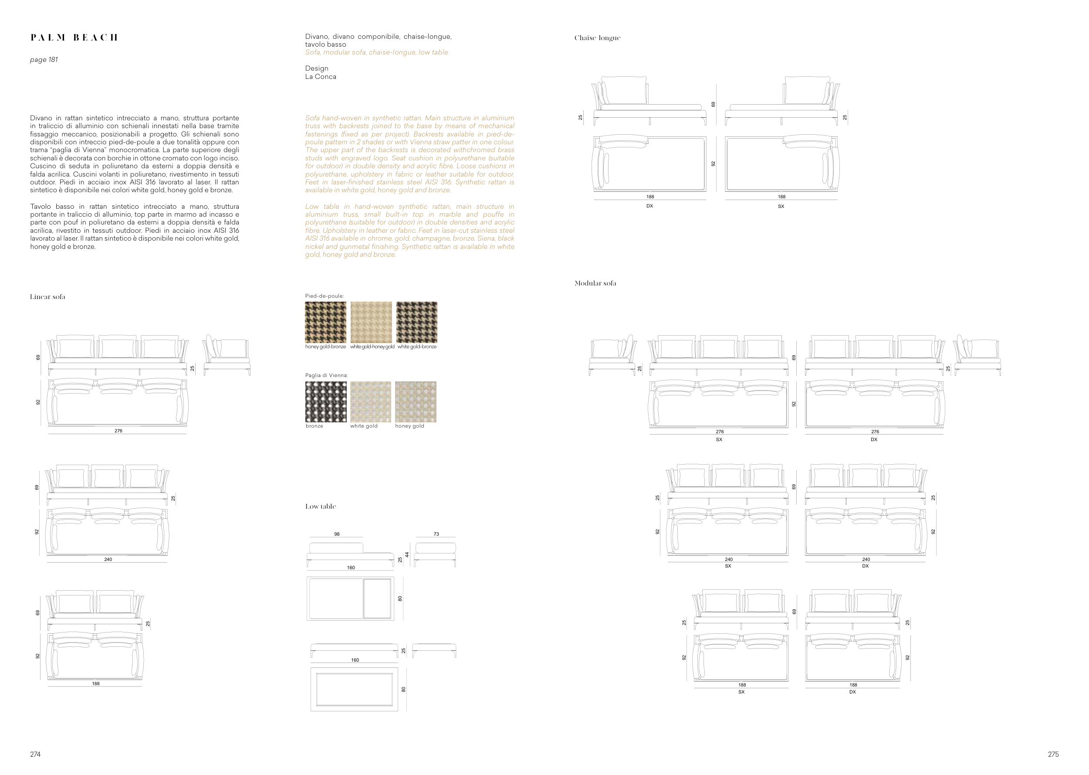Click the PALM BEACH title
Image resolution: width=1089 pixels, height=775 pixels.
point(74,37)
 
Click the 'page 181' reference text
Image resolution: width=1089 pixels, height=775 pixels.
point(44,60)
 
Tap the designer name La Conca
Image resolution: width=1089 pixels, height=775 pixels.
point(321,76)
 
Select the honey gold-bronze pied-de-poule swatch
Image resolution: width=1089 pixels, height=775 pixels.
point(326,322)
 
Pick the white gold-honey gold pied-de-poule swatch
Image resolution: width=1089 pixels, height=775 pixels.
point(371,322)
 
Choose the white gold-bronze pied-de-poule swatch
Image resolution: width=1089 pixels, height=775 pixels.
point(416,322)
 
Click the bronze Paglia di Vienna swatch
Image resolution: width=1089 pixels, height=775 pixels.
point(326,402)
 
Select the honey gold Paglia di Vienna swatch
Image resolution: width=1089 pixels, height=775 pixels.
point(415,402)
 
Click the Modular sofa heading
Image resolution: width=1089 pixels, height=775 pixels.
point(595,283)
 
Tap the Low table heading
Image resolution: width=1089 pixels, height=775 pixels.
point(321,506)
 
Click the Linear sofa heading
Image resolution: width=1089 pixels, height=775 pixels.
point(47,297)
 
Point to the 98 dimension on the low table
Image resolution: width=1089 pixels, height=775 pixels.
point(337,534)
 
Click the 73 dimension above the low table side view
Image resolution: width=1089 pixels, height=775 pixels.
point(436,534)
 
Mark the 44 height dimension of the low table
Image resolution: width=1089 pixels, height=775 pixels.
point(407,554)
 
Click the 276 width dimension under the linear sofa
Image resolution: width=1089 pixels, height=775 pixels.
point(118,431)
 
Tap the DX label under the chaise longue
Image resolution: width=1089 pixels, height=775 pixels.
point(649,206)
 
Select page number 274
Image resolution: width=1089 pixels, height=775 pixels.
point(35,755)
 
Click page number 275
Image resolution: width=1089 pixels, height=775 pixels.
point(1053,755)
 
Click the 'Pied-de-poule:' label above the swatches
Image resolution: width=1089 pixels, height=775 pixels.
point(324,296)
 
